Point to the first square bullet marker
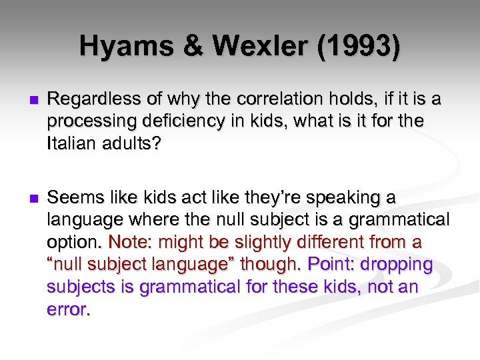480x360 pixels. (x=25, y=100)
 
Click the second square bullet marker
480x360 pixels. (x=25, y=199)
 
